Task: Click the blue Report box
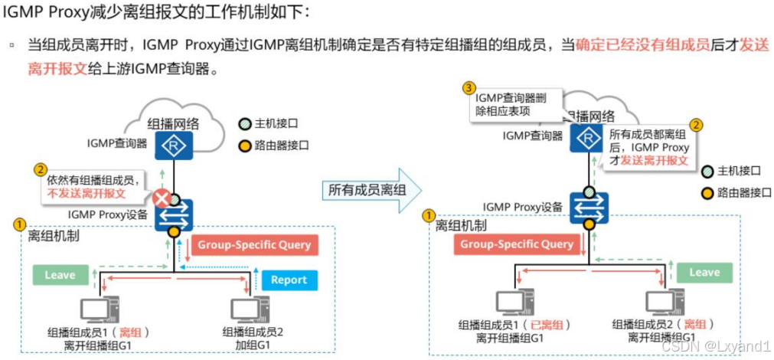click(289, 280)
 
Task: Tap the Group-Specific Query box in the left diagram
click(254, 245)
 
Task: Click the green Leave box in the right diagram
click(704, 273)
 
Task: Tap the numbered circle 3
click(469, 88)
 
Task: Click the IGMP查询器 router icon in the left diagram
click(174, 144)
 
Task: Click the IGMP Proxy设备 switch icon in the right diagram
click(589, 207)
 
